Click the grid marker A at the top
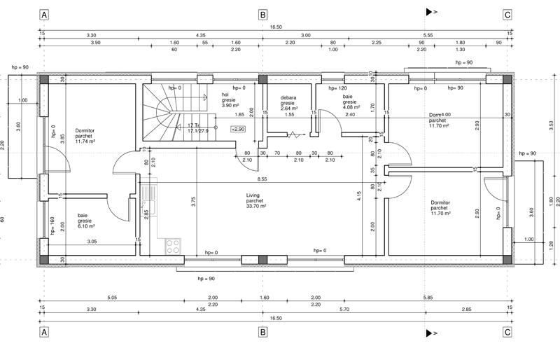(x=45, y=14)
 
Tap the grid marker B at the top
(x=262, y=14)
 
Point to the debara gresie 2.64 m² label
(x=290, y=104)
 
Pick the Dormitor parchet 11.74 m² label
(x=89, y=136)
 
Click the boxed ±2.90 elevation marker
(x=238, y=130)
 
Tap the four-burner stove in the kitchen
(x=172, y=246)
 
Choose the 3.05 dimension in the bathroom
(x=92, y=242)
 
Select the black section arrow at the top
(x=429, y=12)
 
